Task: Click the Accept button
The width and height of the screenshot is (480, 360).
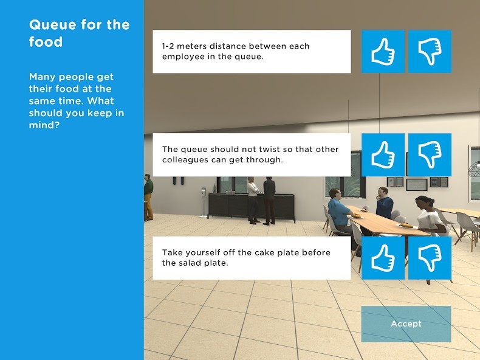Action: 406,324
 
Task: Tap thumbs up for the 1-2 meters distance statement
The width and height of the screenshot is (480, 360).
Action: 383,52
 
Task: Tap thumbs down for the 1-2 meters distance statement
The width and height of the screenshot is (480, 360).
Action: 430,52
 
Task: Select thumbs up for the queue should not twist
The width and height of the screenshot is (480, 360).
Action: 383,154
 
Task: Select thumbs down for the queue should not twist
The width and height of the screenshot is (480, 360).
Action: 430,154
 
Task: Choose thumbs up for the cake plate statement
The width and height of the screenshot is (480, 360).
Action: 383,258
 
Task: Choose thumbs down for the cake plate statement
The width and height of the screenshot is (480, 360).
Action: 430,258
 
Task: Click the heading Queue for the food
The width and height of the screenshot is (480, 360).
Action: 79,33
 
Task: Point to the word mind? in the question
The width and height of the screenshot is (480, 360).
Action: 44,125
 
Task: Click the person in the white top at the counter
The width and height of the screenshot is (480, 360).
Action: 253,199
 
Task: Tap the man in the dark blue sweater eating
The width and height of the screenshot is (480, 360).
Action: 384,202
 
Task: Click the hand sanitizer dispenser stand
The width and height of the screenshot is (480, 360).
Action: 204,202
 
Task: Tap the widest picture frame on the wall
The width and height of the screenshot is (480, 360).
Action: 417,184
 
